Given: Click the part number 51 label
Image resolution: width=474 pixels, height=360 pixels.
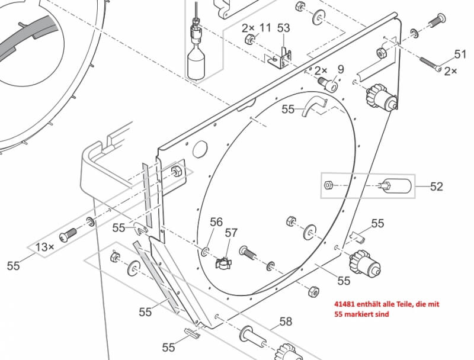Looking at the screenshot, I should (460, 54).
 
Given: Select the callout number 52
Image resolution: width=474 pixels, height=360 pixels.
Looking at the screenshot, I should (436, 187).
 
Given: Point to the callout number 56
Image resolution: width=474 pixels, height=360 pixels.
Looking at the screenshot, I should (216, 221).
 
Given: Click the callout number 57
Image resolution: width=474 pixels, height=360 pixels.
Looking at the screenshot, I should (231, 233).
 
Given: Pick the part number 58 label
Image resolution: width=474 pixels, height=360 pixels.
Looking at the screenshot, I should (286, 322).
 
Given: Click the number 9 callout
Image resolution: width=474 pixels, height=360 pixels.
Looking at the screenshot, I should (340, 69).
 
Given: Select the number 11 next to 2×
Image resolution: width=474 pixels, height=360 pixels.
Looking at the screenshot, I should (265, 28).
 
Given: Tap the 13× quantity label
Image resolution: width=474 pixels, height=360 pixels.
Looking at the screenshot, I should (46, 246).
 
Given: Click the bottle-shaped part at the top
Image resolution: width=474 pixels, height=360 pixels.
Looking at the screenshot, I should (195, 59).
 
